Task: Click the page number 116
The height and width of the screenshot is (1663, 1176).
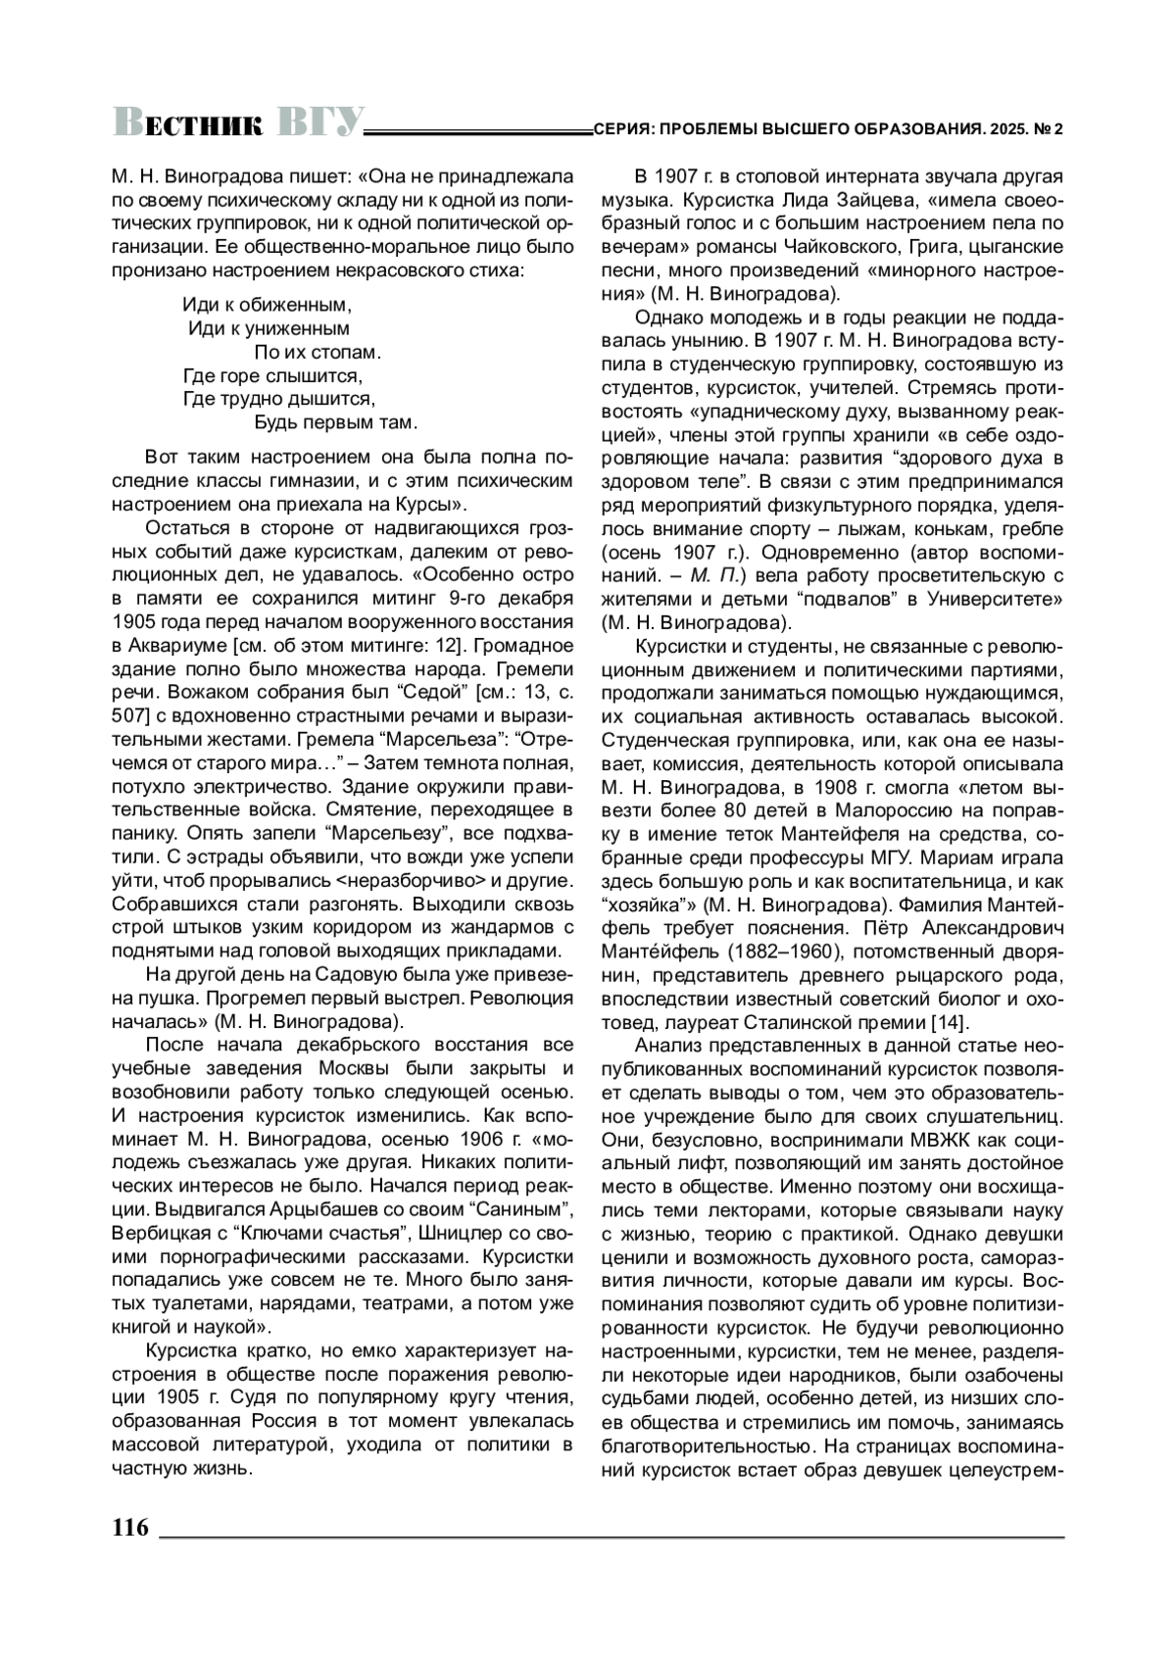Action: click(129, 1527)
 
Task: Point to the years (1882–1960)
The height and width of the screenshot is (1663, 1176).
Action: click(777, 952)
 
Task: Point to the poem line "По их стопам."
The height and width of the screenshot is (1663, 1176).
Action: click(317, 352)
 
